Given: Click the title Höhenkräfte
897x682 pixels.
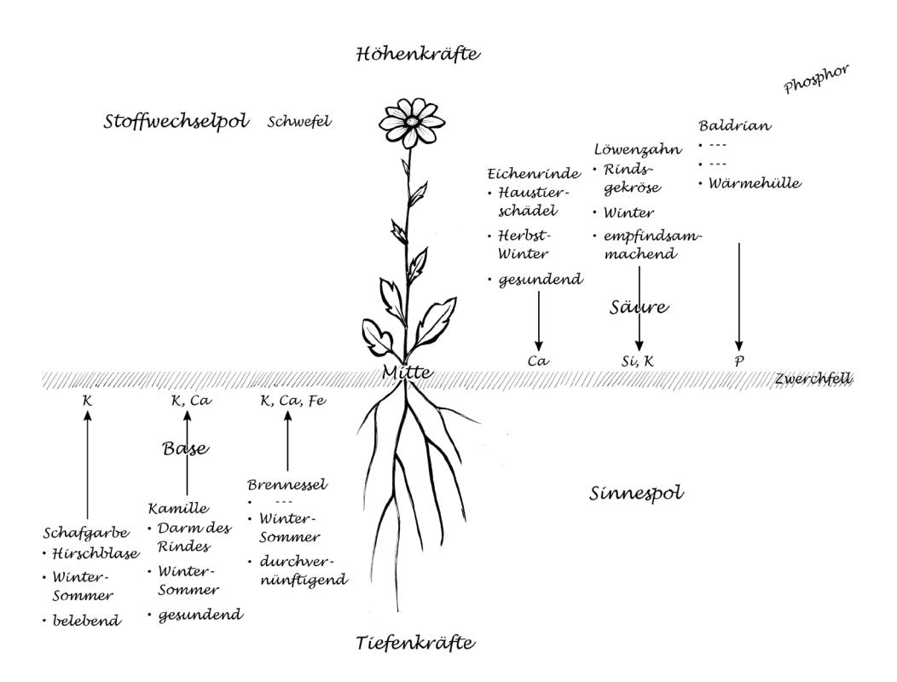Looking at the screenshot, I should pos(418,56).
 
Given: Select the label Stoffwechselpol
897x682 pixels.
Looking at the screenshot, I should pos(176,122).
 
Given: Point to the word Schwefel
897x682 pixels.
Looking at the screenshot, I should pos(298,122).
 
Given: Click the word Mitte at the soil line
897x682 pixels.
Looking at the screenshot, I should pos(408,373).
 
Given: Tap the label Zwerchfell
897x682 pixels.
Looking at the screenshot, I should pos(813,379).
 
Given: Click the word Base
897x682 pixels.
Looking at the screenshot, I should pos(186,448).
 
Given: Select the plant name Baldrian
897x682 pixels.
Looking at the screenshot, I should pos(734,125).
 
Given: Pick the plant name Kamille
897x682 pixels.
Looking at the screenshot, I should pos(177,509).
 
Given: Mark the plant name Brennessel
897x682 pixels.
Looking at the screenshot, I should pos(286,484).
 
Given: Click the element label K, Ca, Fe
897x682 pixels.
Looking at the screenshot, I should pos(292,399).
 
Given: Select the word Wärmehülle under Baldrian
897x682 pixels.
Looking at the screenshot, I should pos(755,182).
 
